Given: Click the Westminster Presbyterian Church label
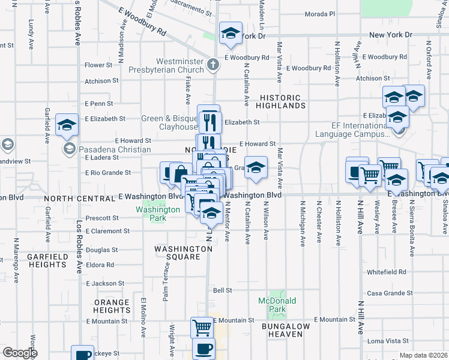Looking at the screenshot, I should coord(179,65).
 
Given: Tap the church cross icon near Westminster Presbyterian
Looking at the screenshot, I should coord(212,64).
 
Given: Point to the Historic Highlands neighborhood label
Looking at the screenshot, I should coord(283,101).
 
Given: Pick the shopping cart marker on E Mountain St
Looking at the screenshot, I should coord(202,328).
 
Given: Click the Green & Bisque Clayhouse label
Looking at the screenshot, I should coord(169,122).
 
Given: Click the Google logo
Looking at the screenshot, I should coord(19,353).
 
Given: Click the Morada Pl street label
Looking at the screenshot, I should coord(320,14).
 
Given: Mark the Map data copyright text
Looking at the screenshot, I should coord(423,355).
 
